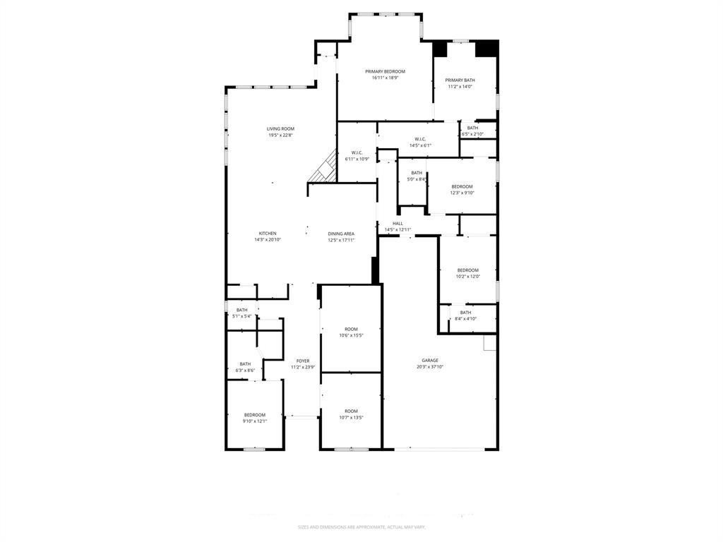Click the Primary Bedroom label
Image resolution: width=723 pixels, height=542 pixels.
(385, 71)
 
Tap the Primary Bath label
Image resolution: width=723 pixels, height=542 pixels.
(460, 80)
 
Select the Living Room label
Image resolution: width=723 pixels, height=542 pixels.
(280, 128)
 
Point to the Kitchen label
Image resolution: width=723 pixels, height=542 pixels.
(268, 234)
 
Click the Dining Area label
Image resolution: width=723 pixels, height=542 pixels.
(341, 234)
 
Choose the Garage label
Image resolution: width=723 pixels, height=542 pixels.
(430, 360)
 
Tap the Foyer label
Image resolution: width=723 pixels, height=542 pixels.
(302, 361)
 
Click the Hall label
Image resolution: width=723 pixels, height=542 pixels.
(398, 223)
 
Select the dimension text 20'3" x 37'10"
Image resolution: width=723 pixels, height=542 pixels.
(430, 367)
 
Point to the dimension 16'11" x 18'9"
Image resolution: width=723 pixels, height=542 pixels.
(385, 78)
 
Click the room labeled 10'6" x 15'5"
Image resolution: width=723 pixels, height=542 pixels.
(351, 332)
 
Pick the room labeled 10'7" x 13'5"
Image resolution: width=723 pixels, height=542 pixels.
(351, 414)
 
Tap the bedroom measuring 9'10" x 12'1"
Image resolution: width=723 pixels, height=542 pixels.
(254, 418)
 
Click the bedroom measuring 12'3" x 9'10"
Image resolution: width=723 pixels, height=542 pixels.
(462, 189)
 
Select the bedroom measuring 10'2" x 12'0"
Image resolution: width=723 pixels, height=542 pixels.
(467, 273)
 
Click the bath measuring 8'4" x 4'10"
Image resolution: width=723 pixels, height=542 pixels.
(465, 315)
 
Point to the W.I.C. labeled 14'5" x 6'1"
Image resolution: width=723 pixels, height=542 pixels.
(420, 142)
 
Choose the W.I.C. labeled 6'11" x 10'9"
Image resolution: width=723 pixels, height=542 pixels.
(357, 156)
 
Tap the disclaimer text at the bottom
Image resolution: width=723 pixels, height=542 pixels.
(361, 527)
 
